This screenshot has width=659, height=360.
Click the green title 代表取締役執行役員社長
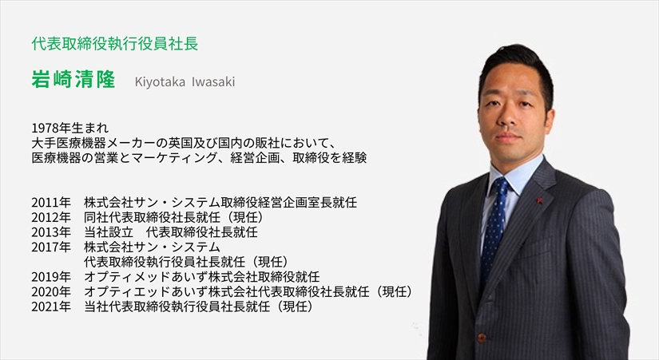(115, 44)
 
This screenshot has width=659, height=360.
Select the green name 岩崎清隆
(73, 79)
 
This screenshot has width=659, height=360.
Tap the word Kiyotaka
(160, 82)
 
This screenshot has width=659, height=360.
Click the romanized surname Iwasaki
(213, 81)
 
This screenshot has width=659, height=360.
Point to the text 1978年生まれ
(69, 128)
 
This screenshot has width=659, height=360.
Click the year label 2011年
(51, 203)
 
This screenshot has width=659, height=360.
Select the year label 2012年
(51, 217)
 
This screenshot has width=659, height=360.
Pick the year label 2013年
(51, 231)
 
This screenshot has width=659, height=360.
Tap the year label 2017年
(51, 247)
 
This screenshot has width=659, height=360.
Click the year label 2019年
(51, 277)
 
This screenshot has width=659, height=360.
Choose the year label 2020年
(51, 291)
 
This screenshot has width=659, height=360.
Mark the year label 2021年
(51, 307)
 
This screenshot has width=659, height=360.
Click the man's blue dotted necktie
(494, 227)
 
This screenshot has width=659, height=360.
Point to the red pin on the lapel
(539, 200)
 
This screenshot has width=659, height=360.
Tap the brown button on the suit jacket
(482, 338)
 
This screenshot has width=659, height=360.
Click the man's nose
(509, 119)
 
